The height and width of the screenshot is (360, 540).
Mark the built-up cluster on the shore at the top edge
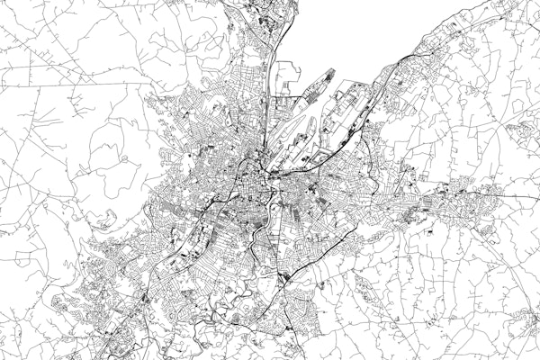pyautogui.click(x=261, y=13)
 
